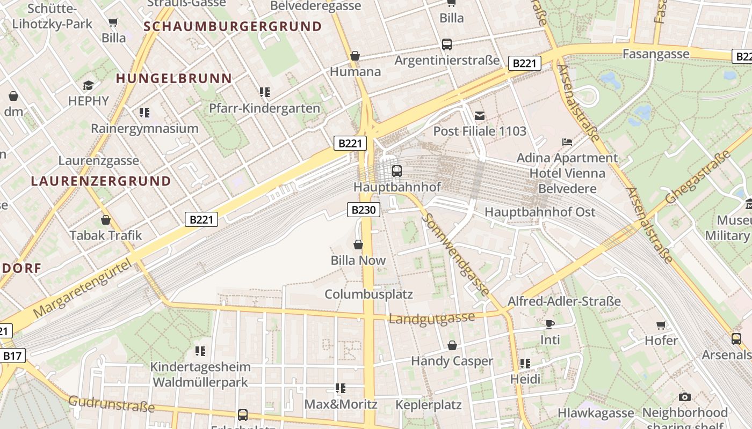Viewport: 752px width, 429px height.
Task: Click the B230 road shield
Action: tap(364, 210)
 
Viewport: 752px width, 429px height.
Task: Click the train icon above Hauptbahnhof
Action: tap(397, 171)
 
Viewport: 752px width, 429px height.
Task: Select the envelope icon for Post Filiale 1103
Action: tap(480, 115)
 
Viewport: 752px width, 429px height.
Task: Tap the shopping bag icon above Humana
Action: tap(355, 56)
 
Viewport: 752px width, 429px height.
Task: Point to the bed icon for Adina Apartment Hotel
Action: tap(567, 142)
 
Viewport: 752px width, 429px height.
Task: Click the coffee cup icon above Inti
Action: tap(549, 324)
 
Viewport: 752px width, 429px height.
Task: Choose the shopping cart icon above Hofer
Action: tap(661, 324)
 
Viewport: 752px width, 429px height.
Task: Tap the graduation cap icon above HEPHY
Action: tap(88, 85)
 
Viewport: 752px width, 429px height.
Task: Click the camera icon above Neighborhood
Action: tap(684, 397)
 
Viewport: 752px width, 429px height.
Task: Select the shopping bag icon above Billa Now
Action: tap(358, 245)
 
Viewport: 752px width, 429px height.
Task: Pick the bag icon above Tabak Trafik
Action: tap(106, 220)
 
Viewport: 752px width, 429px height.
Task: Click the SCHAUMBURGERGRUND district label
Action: tap(233, 26)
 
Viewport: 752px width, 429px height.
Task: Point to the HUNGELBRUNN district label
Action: tap(174, 78)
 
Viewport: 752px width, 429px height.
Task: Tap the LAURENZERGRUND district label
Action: tap(101, 181)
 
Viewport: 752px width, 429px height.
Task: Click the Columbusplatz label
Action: tap(368, 294)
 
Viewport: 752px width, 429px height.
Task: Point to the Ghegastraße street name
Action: tap(698, 176)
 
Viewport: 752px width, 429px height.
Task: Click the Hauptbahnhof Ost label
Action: tap(540, 212)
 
